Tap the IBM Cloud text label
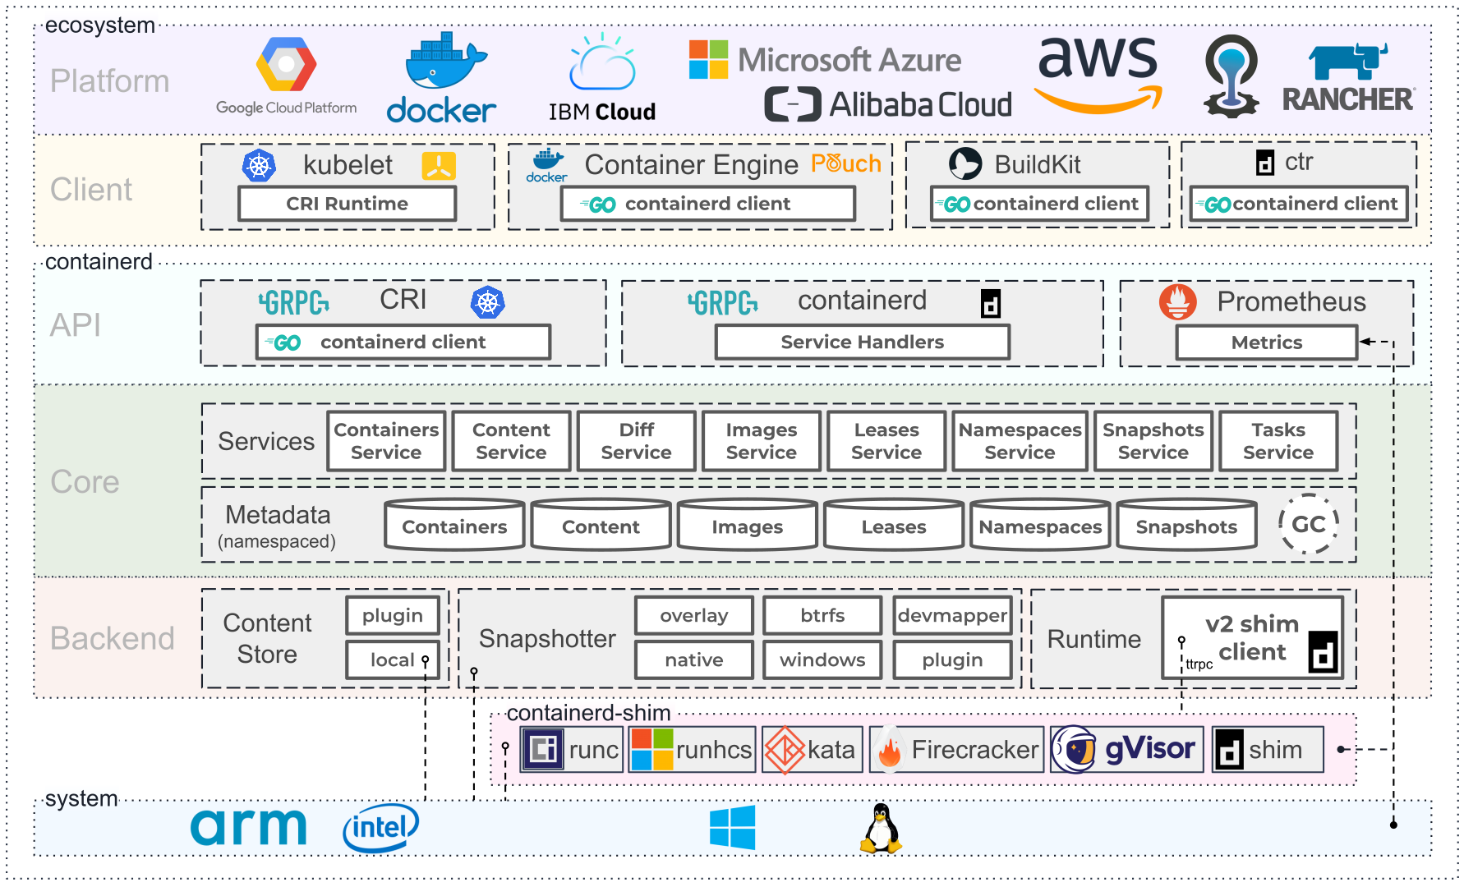tap(601, 112)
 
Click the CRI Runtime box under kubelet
tap(347, 204)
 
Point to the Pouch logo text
tap(845, 163)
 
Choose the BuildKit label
tap(1037, 164)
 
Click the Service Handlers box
tap(862, 342)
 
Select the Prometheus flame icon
tap(1177, 302)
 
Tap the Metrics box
tap(1266, 342)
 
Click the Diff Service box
tap(636, 441)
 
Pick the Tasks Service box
tap(1278, 441)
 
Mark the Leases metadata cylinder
tap(893, 526)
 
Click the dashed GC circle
tap(1308, 524)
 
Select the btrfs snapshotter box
tap(822, 615)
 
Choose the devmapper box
tap(952, 615)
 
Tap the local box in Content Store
tap(393, 660)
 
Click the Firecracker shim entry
tap(957, 749)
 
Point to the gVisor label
tap(1149, 748)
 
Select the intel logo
tap(380, 827)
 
